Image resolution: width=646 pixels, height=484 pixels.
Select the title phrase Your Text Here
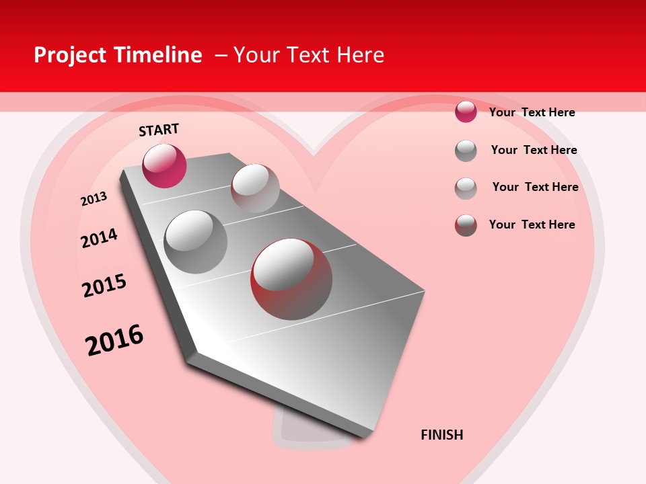point(309,55)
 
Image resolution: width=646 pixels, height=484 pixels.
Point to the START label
point(159,130)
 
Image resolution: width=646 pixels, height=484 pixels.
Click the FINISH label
point(441,435)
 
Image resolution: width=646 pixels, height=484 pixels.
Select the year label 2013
point(94,199)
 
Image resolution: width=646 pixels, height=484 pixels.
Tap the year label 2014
point(99,239)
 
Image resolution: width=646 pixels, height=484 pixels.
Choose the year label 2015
point(104,286)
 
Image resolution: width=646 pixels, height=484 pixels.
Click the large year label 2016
point(114,340)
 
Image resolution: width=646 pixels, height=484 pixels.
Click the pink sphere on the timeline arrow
point(164,165)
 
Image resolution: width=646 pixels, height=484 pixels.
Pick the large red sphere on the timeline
point(291,279)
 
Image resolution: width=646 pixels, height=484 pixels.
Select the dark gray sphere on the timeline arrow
point(196,242)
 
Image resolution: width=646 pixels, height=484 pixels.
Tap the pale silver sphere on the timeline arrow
point(255,188)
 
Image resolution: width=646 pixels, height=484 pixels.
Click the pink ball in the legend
point(466,112)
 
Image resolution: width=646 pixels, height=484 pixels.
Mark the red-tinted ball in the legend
point(466,225)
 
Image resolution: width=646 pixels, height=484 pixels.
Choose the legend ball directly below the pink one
point(466,151)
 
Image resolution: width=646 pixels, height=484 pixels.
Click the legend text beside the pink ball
point(532,112)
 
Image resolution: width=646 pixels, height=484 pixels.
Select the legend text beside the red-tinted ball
point(532,225)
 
